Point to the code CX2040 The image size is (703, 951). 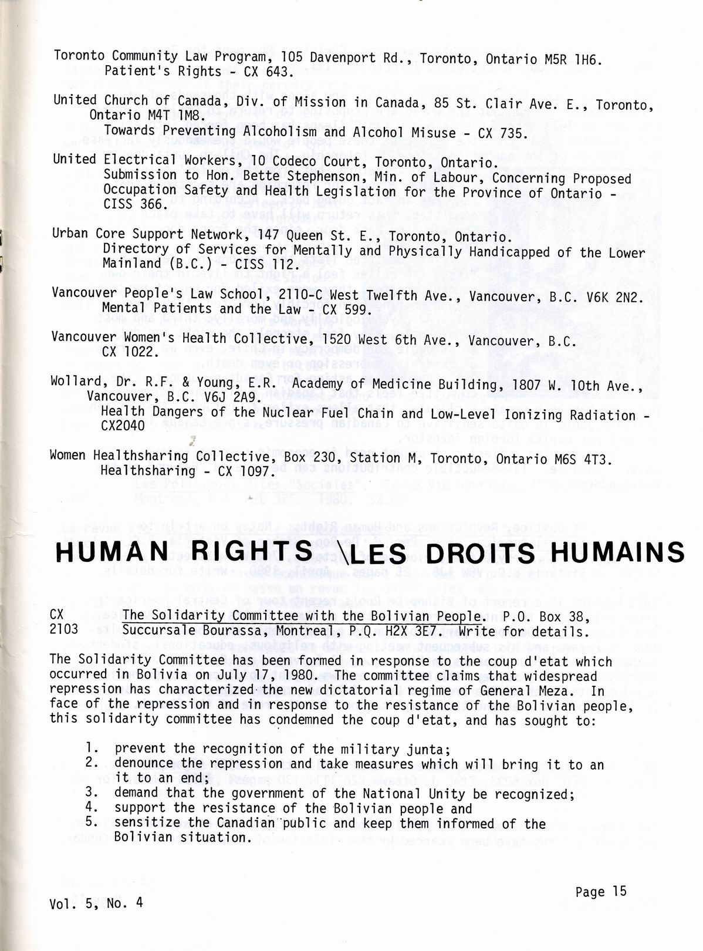click(123, 427)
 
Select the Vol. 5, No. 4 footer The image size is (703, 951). click(96, 903)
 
